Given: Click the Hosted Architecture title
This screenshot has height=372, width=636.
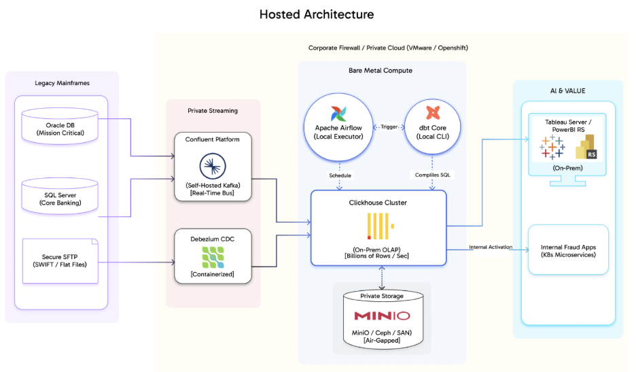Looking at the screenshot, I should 317,14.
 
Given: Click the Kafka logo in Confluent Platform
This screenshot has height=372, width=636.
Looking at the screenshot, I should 213,166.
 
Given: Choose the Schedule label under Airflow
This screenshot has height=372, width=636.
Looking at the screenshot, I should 339,175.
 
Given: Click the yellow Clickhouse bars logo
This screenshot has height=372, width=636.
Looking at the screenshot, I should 378,226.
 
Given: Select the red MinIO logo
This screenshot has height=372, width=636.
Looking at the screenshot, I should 382,316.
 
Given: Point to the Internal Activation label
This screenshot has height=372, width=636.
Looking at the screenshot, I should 491,247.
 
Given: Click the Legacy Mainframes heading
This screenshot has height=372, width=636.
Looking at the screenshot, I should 62,83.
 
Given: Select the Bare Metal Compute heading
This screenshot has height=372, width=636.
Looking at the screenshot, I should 380,71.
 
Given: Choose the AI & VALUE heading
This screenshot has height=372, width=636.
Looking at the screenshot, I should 567,90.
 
